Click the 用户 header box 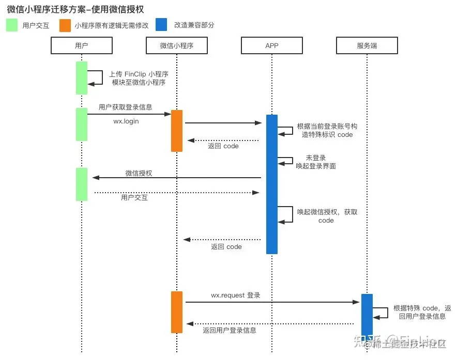82,46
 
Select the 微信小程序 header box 177,46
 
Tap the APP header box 272,46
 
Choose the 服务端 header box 367,46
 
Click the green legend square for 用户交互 12,25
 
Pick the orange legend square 65,25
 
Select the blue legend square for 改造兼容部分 162,25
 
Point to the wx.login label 126,121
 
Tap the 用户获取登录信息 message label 126,107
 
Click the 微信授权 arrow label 139,174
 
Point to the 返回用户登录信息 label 230,330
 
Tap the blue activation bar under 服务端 367,315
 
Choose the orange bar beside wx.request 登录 177,312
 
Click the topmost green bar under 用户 82,77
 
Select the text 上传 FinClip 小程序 139,74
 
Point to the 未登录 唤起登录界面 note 316,162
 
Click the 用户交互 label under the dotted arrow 134,197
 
